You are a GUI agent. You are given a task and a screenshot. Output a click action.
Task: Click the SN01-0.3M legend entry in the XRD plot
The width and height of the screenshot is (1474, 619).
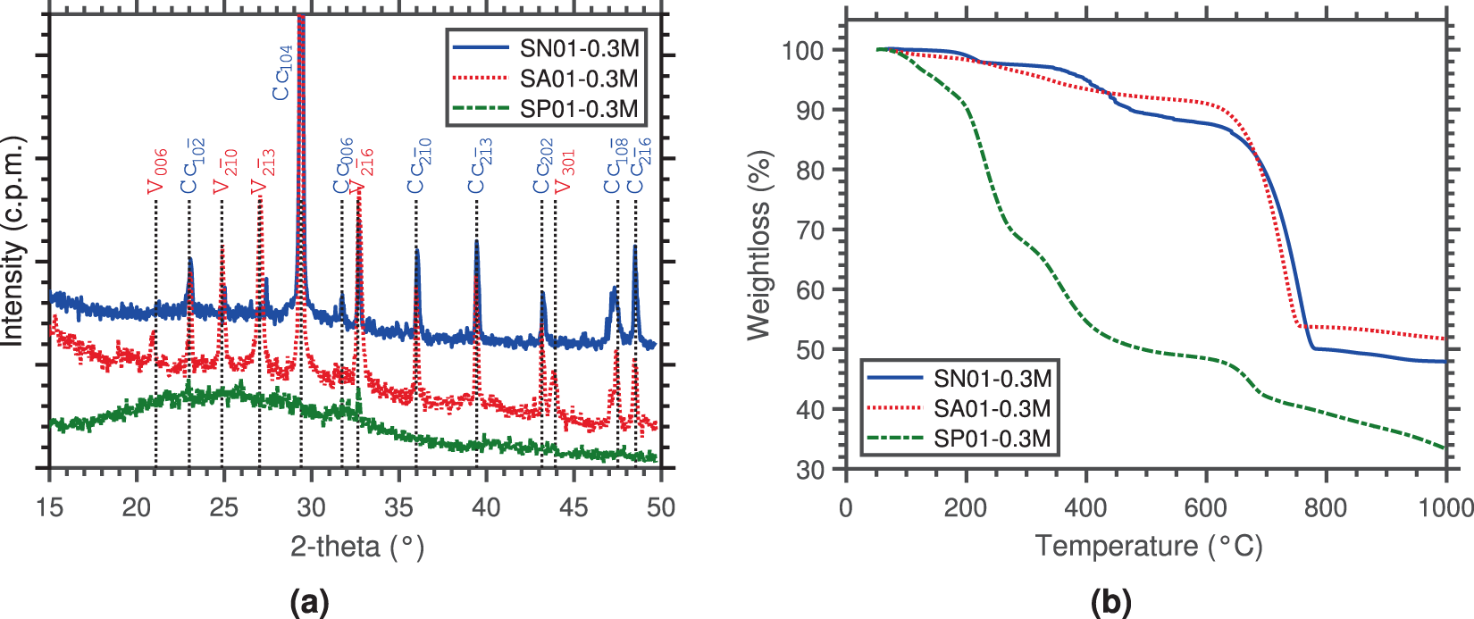(x=579, y=48)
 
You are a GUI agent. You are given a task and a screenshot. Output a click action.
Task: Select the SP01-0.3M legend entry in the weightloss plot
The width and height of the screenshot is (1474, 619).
(x=992, y=439)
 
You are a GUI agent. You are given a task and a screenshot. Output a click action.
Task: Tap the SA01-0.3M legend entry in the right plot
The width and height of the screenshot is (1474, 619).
(x=992, y=408)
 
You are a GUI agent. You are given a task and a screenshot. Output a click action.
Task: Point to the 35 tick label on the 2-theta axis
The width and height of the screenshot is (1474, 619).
(x=398, y=507)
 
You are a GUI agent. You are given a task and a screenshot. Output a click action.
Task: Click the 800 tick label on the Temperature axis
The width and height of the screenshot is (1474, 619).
(x=1325, y=507)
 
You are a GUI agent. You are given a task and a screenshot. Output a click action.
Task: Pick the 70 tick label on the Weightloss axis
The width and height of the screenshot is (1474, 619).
(x=810, y=230)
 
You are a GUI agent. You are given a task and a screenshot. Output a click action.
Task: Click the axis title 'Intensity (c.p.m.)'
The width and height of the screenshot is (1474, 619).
(x=13, y=241)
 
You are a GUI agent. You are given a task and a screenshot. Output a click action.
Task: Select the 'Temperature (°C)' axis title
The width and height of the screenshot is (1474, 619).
(x=1148, y=546)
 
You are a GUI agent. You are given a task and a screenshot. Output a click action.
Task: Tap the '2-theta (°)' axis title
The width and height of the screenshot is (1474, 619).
(x=356, y=546)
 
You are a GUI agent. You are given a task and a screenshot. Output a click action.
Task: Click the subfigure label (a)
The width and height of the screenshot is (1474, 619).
(x=310, y=603)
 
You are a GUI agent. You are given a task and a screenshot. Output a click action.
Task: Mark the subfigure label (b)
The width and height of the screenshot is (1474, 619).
(x=1110, y=603)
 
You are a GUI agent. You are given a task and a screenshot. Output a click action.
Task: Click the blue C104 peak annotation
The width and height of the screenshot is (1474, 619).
(x=282, y=72)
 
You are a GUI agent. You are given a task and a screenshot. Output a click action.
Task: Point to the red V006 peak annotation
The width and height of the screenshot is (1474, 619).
(x=157, y=171)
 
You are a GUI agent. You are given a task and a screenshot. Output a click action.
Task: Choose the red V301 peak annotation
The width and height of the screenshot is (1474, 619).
(x=565, y=171)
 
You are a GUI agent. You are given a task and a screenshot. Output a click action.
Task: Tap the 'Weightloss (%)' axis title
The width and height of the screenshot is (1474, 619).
(x=758, y=245)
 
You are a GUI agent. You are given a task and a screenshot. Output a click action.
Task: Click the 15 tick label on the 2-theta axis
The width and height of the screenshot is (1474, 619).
(x=50, y=507)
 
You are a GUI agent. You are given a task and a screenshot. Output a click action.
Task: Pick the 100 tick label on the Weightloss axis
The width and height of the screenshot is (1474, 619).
(x=802, y=50)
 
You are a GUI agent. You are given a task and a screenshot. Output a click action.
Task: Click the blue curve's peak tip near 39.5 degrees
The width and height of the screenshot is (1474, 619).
(x=476, y=241)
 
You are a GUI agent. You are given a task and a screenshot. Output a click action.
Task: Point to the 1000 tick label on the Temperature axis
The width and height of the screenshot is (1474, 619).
(x=1445, y=507)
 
